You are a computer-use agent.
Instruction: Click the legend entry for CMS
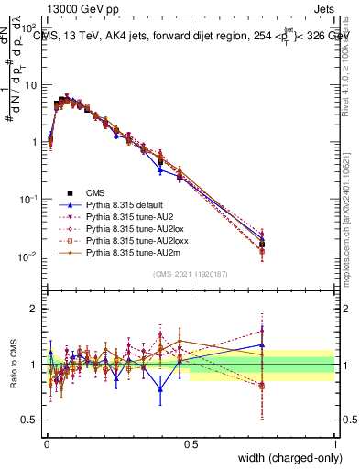click(x=96, y=192)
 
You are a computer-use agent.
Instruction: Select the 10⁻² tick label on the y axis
click(x=27, y=256)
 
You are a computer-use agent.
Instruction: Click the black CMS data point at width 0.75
click(x=263, y=244)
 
